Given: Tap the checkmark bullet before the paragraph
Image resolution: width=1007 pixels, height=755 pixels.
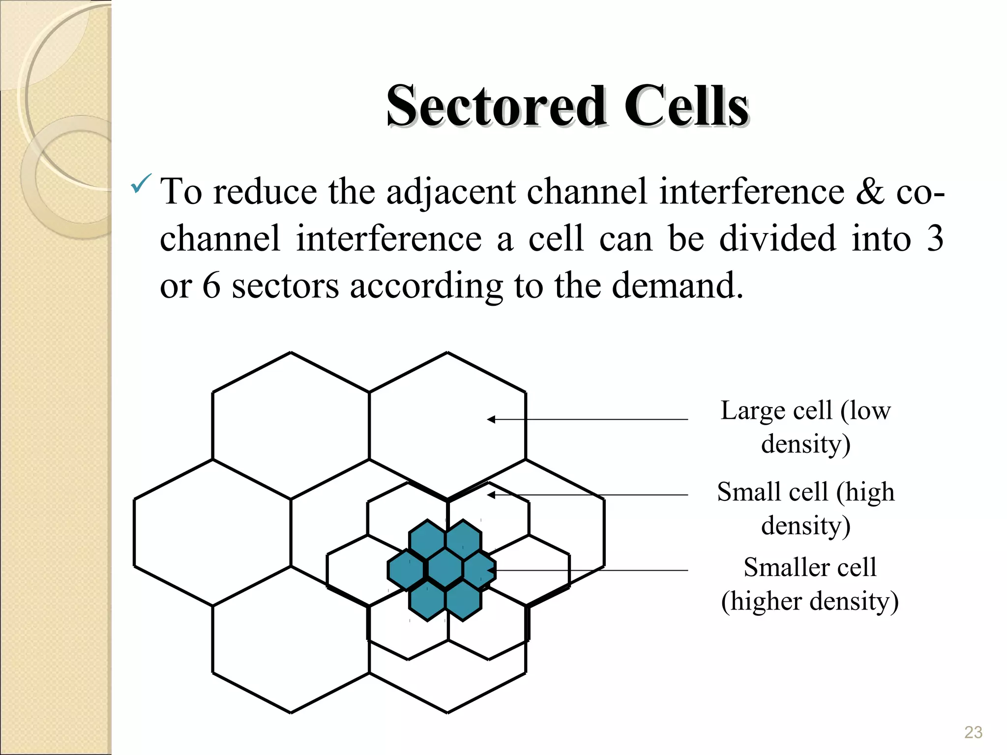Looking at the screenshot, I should pyautogui.click(x=141, y=184).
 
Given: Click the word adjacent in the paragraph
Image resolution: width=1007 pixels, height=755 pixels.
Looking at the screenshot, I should pyautogui.click(x=451, y=192).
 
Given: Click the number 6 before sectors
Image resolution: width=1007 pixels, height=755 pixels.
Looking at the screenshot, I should pyautogui.click(x=211, y=286).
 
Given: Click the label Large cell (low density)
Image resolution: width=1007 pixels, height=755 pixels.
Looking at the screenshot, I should pyautogui.click(x=805, y=427).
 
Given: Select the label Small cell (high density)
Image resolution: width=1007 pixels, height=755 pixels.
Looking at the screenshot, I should pyautogui.click(x=805, y=508).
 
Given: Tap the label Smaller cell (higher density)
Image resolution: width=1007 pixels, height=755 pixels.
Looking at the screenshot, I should pyautogui.click(x=809, y=584).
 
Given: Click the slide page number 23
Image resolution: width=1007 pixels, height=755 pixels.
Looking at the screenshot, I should pyautogui.click(x=973, y=732).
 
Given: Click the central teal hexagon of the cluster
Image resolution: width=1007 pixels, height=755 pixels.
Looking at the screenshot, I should pyautogui.click(x=445, y=569).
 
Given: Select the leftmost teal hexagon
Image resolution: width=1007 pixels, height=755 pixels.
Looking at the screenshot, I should pyautogui.click(x=406, y=570).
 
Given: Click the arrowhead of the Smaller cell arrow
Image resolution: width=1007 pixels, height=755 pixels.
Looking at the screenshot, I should pyautogui.click(x=490, y=571).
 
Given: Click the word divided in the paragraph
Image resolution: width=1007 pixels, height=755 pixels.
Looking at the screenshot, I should pyautogui.click(x=777, y=238).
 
